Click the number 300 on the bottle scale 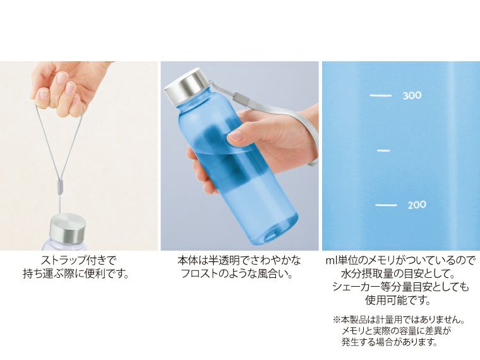412,96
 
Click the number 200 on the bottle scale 417,205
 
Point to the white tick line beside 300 381,96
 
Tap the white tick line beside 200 386,205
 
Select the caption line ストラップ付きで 79,260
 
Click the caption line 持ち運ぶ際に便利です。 79,274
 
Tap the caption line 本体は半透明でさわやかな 239,260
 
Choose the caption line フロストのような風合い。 239,274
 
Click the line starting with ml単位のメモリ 400,260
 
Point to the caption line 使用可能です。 400,301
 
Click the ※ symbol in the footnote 336,320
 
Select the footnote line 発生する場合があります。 389,343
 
